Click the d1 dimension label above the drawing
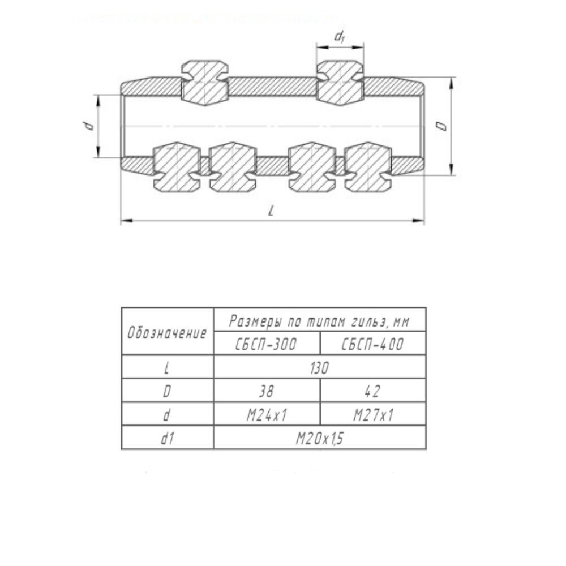pos(339,36)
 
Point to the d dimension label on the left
pos(88,126)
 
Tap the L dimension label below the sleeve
pos(271,211)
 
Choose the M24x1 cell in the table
pos(267,415)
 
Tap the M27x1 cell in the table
pos(373,415)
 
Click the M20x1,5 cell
pos(319,438)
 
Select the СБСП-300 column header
pos(267,344)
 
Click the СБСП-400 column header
pos(373,344)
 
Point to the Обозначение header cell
pos(168,332)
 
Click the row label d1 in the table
pos(168,438)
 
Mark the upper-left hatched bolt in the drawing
pos(205,83)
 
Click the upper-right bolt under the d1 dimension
pos(340,83)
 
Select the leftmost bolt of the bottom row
pos(177,167)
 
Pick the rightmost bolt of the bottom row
pos(368,167)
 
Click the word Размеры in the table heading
pos(255,321)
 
